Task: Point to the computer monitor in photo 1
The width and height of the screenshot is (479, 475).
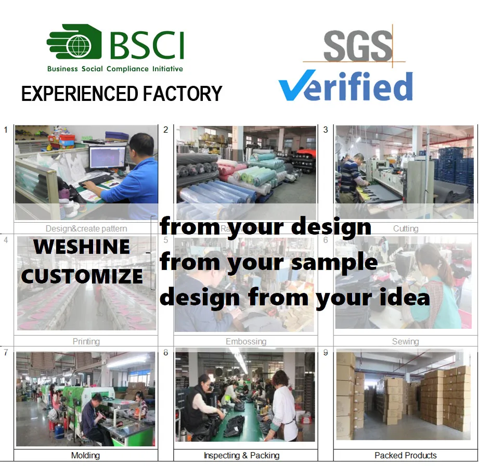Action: click(107, 157)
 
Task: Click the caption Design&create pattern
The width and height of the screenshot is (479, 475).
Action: click(86, 228)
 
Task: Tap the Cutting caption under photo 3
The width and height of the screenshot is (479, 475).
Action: click(405, 228)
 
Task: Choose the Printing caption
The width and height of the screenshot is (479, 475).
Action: click(86, 342)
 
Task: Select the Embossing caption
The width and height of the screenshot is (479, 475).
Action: click(245, 342)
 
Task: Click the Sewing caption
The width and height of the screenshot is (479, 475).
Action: click(405, 342)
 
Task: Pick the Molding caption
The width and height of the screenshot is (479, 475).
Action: click(85, 455)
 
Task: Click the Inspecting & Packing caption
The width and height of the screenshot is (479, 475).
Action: click(241, 455)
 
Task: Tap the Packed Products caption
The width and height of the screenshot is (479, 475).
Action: click(405, 455)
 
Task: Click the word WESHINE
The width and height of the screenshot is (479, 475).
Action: click(82, 247)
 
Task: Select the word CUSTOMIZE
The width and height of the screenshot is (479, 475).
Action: click(82, 276)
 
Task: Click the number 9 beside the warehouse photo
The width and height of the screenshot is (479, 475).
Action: click(326, 353)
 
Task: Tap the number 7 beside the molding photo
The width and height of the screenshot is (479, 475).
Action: click(6, 353)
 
